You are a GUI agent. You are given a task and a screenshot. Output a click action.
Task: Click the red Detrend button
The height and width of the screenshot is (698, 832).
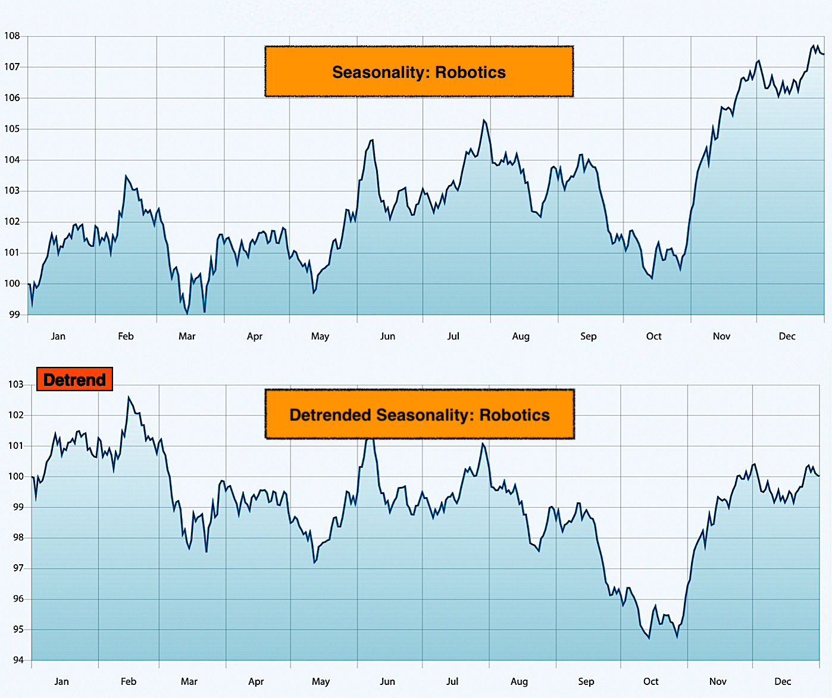[x=74, y=379]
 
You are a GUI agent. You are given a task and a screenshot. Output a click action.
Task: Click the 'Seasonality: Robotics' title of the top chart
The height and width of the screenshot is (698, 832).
[x=419, y=72]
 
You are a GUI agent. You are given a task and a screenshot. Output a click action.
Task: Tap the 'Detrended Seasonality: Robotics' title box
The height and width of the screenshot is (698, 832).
[x=419, y=414]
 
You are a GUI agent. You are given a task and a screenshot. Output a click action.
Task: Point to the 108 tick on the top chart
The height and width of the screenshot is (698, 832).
[x=12, y=36]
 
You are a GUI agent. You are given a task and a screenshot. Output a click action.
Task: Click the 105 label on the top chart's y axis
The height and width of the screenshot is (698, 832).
[x=12, y=129]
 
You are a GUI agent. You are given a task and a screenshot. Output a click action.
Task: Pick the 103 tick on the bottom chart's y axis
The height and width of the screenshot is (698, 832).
[x=15, y=384]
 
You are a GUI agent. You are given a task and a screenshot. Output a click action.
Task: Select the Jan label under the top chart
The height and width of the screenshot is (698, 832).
[x=58, y=336]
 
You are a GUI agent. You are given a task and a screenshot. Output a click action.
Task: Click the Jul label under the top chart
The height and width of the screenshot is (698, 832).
[x=453, y=336]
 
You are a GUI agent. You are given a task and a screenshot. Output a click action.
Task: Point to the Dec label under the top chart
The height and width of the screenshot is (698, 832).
[x=787, y=336]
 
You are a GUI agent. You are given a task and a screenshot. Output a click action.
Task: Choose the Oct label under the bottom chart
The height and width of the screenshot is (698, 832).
[x=651, y=681]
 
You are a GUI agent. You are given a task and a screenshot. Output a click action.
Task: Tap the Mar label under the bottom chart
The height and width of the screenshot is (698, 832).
[x=189, y=681]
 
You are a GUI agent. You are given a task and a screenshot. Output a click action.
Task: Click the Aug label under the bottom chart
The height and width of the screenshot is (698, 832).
[x=519, y=681]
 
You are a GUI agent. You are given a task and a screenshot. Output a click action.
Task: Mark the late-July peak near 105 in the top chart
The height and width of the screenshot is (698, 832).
[x=484, y=120]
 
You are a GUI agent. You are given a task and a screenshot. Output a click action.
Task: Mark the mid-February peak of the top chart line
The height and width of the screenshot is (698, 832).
[x=126, y=175]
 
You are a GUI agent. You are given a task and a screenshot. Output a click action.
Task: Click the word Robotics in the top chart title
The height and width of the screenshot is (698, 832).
[x=470, y=72]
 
